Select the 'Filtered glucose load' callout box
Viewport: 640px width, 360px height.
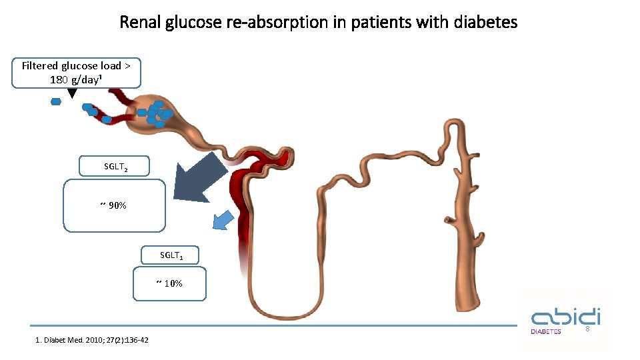coord(76,73)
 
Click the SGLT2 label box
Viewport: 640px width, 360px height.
coord(114,166)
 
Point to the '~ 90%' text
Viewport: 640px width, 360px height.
coord(114,205)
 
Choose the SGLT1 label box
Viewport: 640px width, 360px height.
coord(170,255)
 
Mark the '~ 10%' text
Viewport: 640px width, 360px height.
coord(169,283)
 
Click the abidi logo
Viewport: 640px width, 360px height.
coord(565,317)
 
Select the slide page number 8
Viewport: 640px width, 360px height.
coord(587,330)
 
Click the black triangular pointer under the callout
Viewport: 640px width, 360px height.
coord(72,93)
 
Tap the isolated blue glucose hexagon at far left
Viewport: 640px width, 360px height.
coord(56,102)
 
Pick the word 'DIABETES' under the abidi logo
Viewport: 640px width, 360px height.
coord(545,331)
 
